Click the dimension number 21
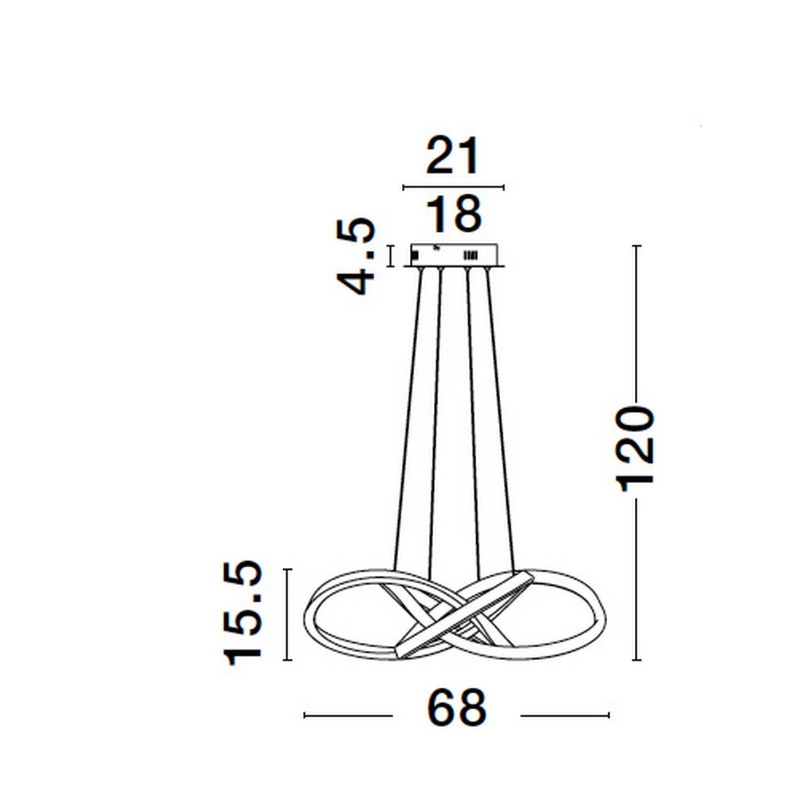452,157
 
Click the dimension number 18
452,214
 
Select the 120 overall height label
635,448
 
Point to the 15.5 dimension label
244,613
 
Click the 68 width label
456,708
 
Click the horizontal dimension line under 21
453,188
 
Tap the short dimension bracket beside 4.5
390,256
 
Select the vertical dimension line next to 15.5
287,614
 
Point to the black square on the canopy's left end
415,254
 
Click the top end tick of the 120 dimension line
637,246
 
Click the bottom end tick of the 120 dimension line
637,660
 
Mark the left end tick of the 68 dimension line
304,715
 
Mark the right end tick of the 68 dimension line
608,715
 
